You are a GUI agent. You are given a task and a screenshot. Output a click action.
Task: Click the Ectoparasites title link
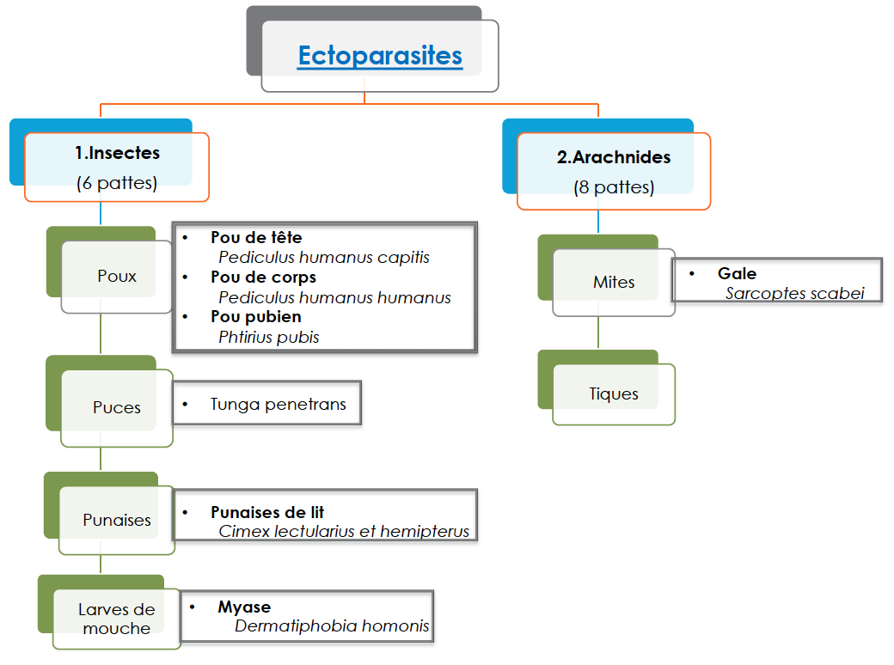click(x=380, y=56)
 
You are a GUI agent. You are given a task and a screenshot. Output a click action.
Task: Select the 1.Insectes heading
click(x=117, y=154)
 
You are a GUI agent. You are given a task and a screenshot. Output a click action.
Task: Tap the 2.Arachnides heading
click(x=614, y=157)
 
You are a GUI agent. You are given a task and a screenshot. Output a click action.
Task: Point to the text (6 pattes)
click(x=117, y=183)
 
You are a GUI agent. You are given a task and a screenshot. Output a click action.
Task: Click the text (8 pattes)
click(x=614, y=187)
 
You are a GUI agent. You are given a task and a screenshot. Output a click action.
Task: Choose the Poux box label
click(x=117, y=277)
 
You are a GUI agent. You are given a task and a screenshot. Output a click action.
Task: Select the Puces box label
click(x=117, y=407)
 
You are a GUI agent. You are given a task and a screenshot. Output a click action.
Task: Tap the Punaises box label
click(x=117, y=520)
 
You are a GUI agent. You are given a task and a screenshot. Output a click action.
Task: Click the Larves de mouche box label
click(x=117, y=619)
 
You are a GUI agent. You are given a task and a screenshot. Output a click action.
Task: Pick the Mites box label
click(x=614, y=282)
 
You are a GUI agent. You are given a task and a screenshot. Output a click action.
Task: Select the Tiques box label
click(x=614, y=394)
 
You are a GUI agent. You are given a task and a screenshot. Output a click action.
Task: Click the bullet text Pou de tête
click(x=256, y=238)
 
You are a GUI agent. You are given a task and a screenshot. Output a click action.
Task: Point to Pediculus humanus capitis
click(x=324, y=257)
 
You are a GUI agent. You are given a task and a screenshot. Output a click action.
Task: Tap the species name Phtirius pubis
click(x=269, y=338)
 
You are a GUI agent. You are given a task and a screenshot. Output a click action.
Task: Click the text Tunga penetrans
click(x=279, y=404)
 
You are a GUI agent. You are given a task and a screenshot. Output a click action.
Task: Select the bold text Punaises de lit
click(x=267, y=513)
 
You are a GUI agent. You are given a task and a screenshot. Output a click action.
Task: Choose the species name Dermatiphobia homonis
click(x=332, y=626)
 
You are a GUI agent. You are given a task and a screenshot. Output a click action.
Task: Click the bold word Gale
click(x=738, y=274)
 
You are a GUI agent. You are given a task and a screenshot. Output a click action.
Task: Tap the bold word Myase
click(x=244, y=607)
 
